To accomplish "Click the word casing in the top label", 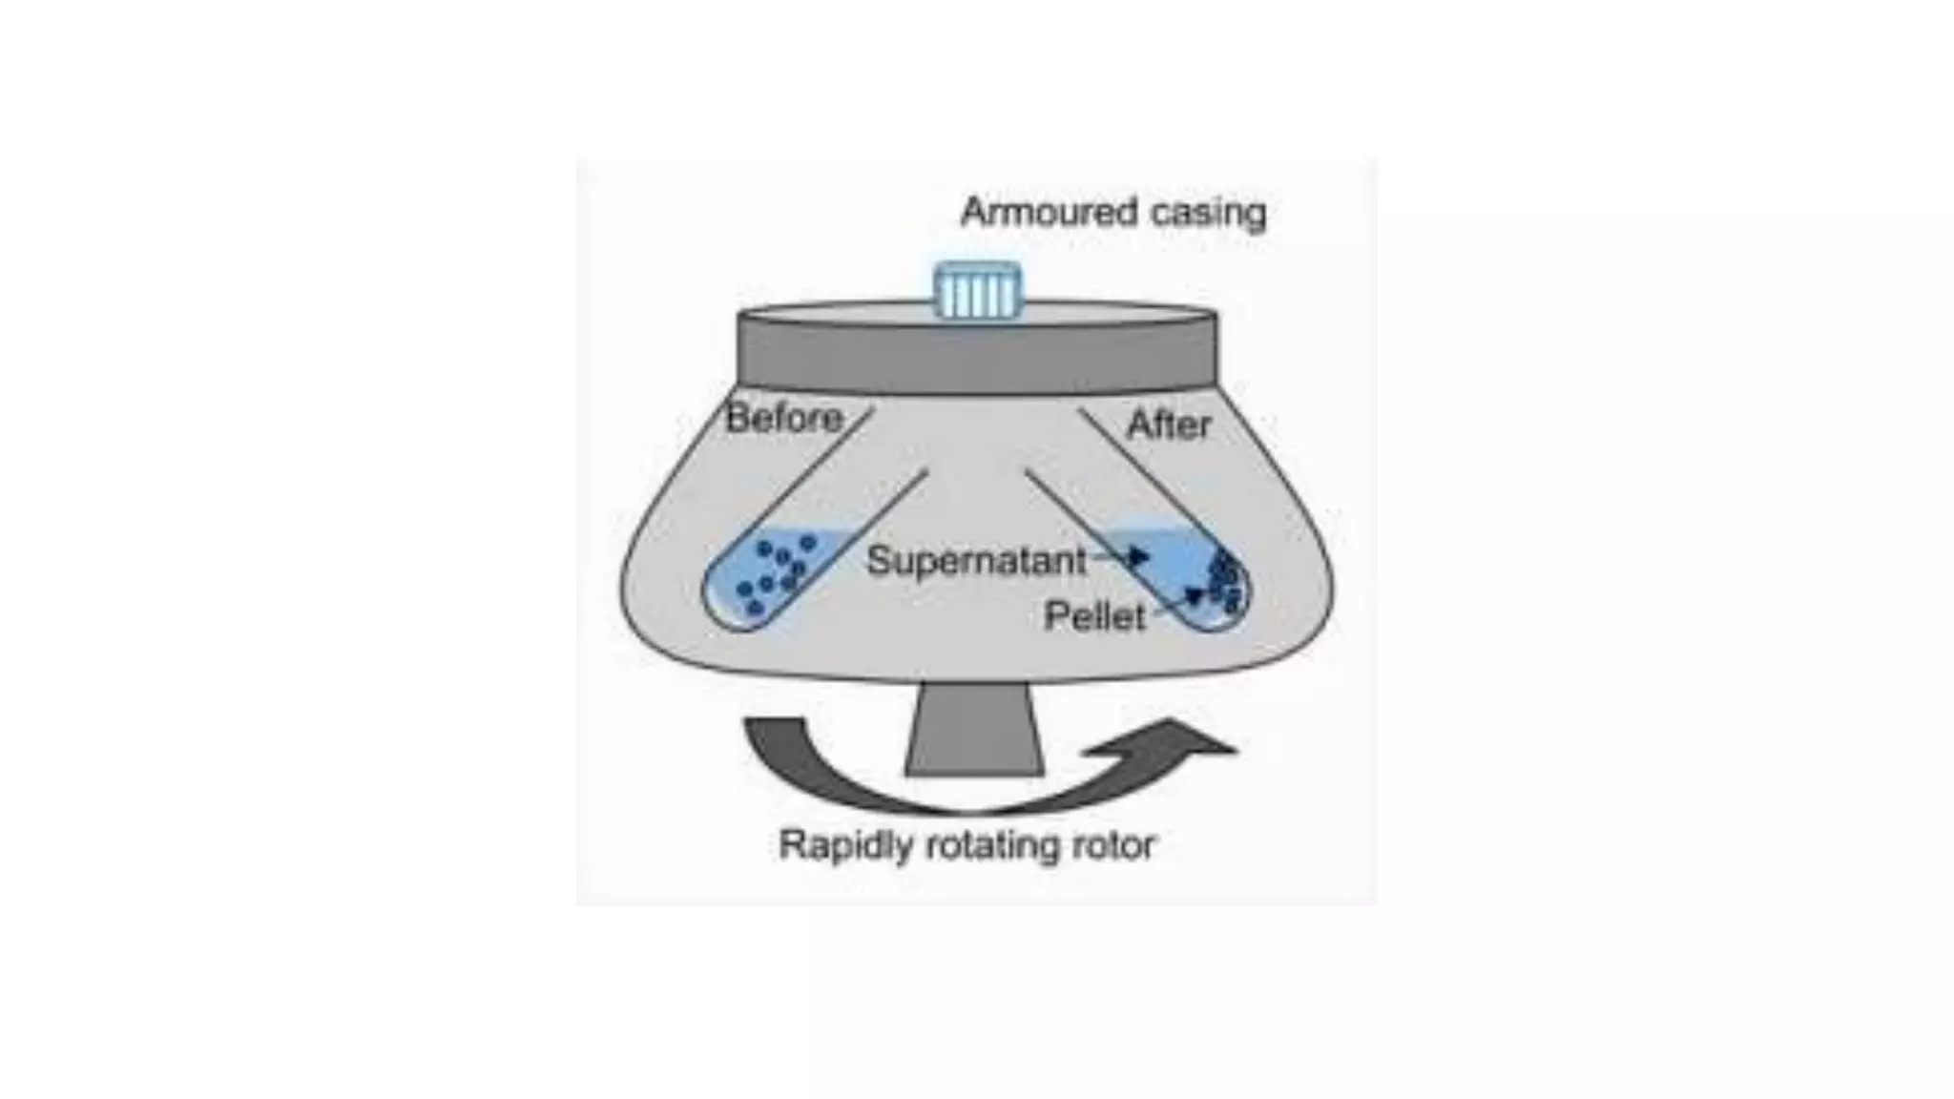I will [x=1208, y=213].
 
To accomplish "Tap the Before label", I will [x=784, y=418].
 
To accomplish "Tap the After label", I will [x=1168, y=424].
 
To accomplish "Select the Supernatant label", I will [x=976, y=561].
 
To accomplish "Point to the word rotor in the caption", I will [x=1115, y=845].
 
